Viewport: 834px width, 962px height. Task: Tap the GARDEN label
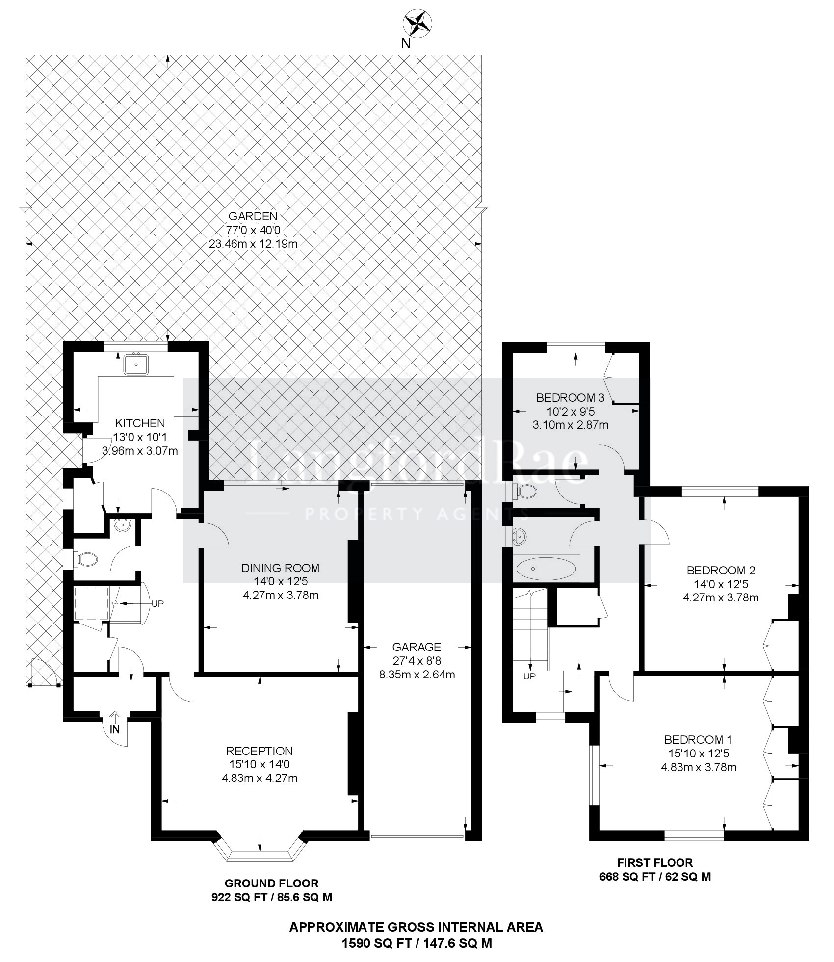253,216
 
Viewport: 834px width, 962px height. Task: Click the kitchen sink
136,364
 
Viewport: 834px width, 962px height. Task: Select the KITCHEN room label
140,423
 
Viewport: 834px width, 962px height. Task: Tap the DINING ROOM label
280,568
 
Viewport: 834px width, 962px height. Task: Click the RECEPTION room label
259,751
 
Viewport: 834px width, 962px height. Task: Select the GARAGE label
417,647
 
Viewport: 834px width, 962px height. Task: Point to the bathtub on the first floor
546,569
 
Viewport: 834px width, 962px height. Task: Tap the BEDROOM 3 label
571,397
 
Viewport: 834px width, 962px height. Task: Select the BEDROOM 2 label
721,570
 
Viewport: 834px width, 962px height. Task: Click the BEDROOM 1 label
698,739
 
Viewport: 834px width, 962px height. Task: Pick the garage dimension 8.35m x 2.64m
417,674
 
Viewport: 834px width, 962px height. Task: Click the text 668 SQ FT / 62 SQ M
655,877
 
